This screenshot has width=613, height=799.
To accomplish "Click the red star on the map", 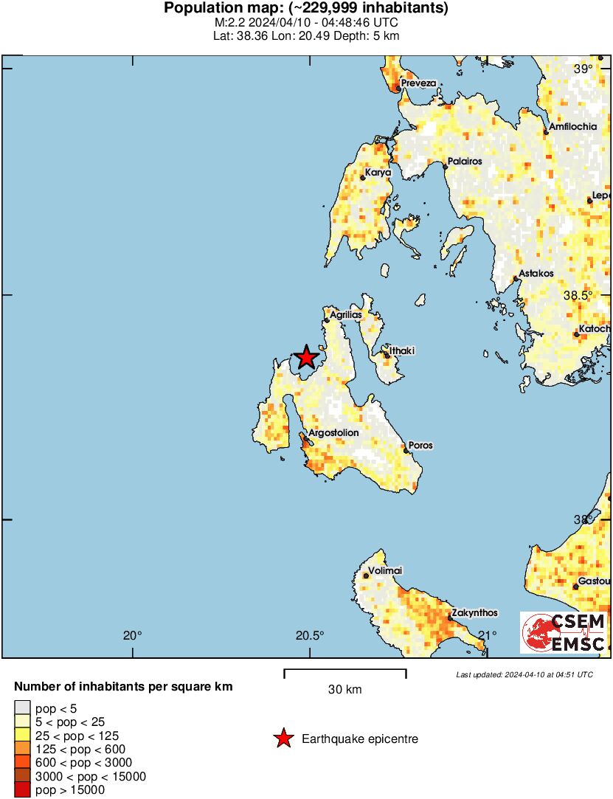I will (x=305, y=358).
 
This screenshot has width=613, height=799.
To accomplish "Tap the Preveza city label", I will (x=419, y=84).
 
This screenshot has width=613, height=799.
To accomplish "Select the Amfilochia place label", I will (x=573, y=127).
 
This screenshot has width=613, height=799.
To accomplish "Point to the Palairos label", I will (x=465, y=161).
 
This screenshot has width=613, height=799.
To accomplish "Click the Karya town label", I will (x=378, y=173).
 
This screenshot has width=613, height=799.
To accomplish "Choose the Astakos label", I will (x=536, y=274).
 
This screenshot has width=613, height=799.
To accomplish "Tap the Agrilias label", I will (x=346, y=315).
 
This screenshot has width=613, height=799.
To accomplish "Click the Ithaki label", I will (x=404, y=352).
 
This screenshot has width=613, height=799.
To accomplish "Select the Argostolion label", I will (x=333, y=433).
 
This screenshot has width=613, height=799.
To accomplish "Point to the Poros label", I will (x=421, y=446).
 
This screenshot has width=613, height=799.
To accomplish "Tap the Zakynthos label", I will (x=474, y=613).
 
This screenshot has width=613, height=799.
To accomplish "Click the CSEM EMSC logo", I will (x=564, y=632).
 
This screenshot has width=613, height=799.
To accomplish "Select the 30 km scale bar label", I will (x=345, y=690).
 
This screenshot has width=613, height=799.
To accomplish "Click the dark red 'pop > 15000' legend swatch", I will (x=23, y=790).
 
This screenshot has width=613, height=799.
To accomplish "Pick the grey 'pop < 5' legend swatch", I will (x=23, y=709).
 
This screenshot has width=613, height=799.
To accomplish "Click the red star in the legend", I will (x=283, y=739).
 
